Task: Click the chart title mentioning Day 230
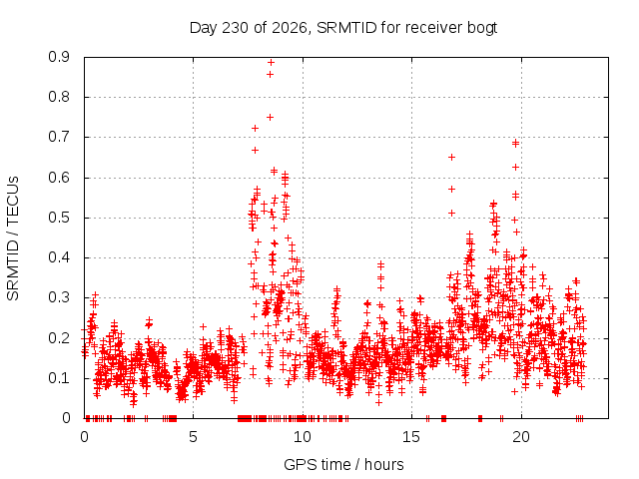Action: pyautogui.click(x=343, y=28)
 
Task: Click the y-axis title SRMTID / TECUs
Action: pyautogui.click(x=13, y=239)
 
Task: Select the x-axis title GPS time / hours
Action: pyautogui.click(x=343, y=464)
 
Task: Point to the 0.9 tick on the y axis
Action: pyautogui.click(x=59, y=57)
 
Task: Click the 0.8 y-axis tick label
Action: pyautogui.click(x=59, y=97)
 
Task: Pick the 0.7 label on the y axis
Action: pyautogui.click(x=59, y=137)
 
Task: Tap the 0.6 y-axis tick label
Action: pyautogui.click(x=59, y=178)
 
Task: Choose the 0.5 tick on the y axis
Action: pyautogui.click(x=59, y=218)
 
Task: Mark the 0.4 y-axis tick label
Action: pyautogui.click(x=59, y=257)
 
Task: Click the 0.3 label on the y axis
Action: pyautogui.click(x=59, y=297)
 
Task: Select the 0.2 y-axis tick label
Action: pyautogui.click(x=59, y=337)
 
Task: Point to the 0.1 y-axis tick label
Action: pyautogui.click(x=59, y=378)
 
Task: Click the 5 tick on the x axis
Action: pyautogui.click(x=193, y=437)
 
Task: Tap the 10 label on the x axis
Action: pyautogui.click(x=302, y=437)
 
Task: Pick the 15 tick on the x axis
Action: pyautogui.click(x=411, y=437)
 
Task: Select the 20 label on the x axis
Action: pyautogui.click(x=521, y=437)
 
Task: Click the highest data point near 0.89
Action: pyautogui.click(x=271, y=62)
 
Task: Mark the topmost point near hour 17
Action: pyautogui.click(x=451, y=158)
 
